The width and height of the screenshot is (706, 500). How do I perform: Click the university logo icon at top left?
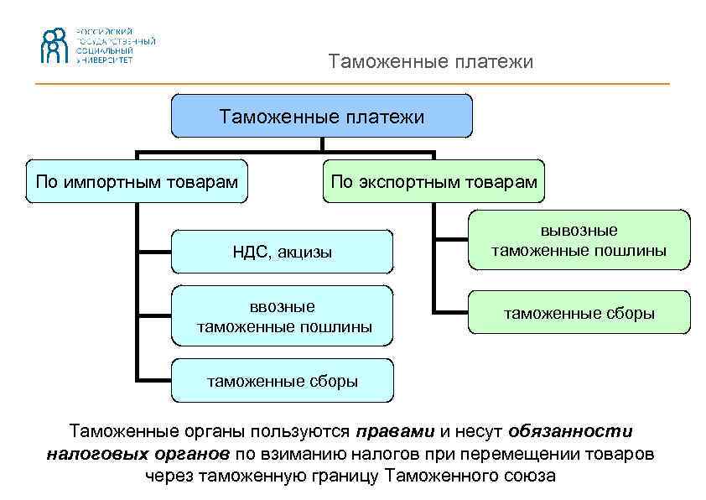pos(55,45)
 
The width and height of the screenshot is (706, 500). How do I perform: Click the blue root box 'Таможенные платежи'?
pos(322,116)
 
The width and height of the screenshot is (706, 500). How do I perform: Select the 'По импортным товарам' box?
pos(138,181)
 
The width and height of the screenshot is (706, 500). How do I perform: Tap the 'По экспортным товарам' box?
pos(433,181)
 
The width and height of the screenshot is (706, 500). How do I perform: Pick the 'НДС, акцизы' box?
pos(282,252)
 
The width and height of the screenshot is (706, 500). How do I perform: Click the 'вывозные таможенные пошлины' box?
pos(579,240)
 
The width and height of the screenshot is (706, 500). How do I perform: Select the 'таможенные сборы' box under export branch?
pos(579,313)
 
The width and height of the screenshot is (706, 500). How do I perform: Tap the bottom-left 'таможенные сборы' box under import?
pos(282,381)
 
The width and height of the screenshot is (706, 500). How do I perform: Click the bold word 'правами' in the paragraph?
pos(395,432)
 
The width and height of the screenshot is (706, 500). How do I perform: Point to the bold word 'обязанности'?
pos(570,432)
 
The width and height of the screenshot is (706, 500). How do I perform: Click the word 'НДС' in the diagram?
pos(249,252)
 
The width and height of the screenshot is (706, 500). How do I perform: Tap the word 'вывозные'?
pos(579,231)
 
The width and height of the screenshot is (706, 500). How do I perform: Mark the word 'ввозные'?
pos(282,306)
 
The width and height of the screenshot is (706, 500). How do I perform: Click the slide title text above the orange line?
pos(430,62)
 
